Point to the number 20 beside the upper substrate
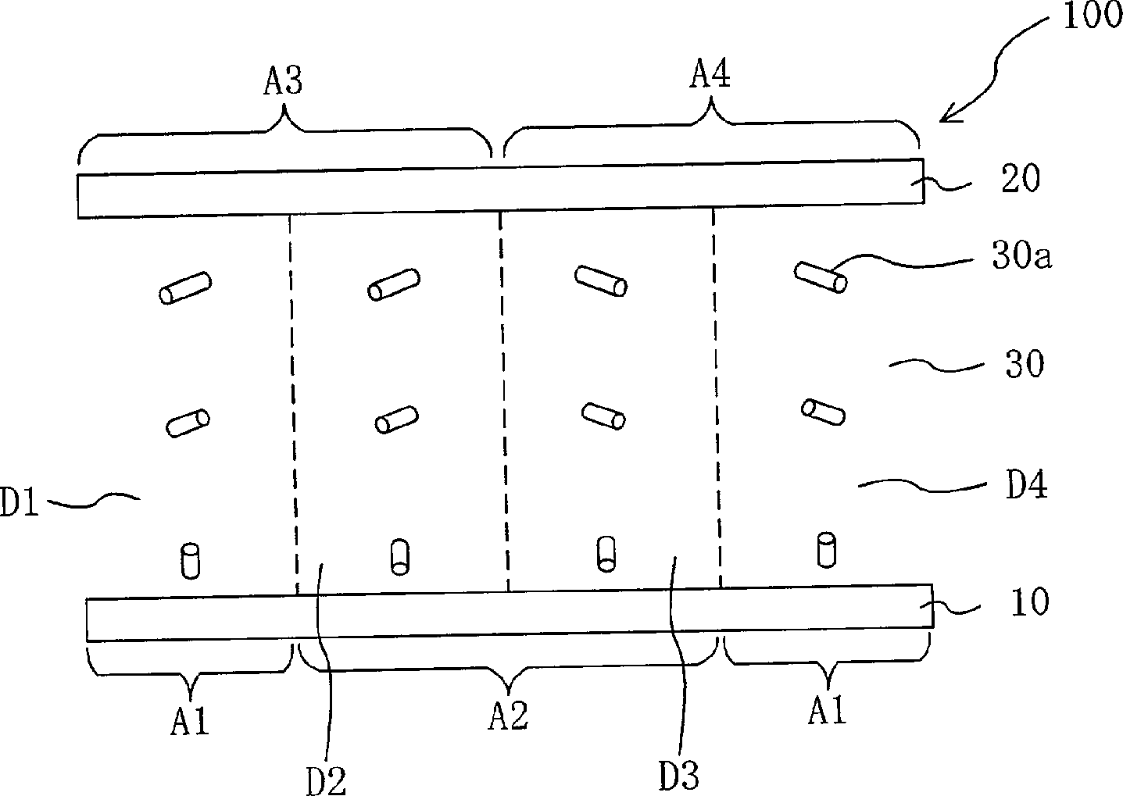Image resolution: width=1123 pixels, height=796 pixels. (x=1020, y=180)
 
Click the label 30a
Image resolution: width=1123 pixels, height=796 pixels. (x=1021, y=258)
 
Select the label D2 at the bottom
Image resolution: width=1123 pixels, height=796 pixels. (x=326, y=780)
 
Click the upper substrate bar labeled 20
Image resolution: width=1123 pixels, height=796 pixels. (x=500, y=188)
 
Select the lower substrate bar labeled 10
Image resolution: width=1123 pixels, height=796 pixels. (x=508, y=613)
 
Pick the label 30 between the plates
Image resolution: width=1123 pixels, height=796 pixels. (x=1025, y=364)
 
